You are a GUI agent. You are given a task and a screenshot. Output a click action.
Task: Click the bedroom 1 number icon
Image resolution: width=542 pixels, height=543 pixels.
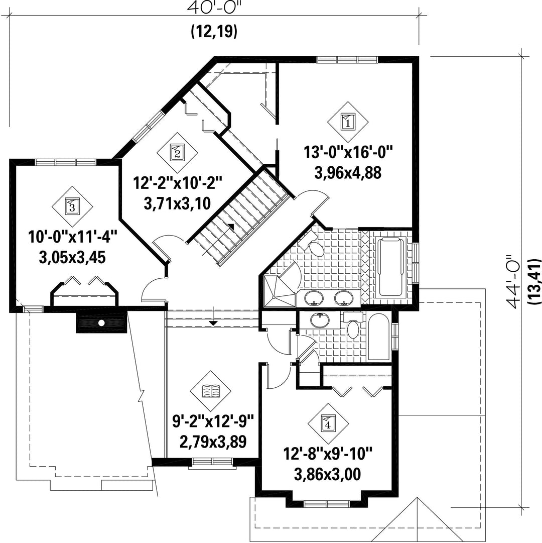click(348, 122)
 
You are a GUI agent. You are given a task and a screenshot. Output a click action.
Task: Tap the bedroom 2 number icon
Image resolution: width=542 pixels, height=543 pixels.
click(177, 152)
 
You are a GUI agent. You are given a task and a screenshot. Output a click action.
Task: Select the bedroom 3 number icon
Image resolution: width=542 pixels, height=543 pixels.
click(72, 206)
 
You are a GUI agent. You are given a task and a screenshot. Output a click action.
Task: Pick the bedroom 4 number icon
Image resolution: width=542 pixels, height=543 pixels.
click(328, 423)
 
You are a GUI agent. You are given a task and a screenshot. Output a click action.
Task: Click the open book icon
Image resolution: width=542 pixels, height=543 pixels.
click(211, 391)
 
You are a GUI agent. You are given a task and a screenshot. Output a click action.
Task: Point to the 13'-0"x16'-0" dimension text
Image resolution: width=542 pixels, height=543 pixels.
click(349, 152)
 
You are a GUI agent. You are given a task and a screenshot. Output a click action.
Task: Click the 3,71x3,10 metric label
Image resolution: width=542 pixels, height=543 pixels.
click(177, 203)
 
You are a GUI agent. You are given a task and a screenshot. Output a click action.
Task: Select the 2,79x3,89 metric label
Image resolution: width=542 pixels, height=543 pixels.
click(213, 442)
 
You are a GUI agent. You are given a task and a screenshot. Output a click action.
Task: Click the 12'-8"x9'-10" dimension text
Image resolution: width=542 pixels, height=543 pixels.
click(328, 454)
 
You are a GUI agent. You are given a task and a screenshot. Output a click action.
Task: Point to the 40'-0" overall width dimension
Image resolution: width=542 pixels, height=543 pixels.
click(214, 8)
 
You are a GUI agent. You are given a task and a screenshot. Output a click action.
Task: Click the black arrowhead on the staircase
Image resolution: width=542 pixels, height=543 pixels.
click(231, 226)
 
